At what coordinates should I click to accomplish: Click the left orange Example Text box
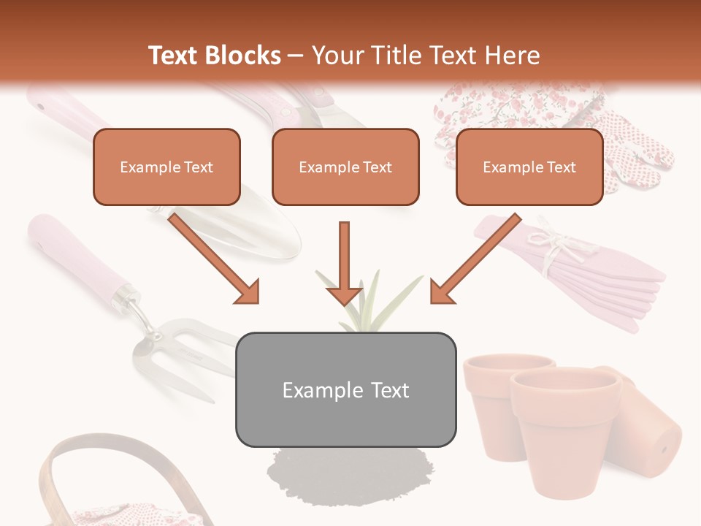click(166, 167)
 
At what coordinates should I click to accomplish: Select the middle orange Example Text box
click(345, 167)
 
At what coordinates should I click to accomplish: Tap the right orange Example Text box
click(529, 167)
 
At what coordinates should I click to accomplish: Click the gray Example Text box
click(345, 389)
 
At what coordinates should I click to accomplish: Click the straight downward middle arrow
click(344, 263)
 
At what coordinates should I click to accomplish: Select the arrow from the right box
click(475, 258)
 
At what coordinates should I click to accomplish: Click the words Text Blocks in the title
click(214, 56)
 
